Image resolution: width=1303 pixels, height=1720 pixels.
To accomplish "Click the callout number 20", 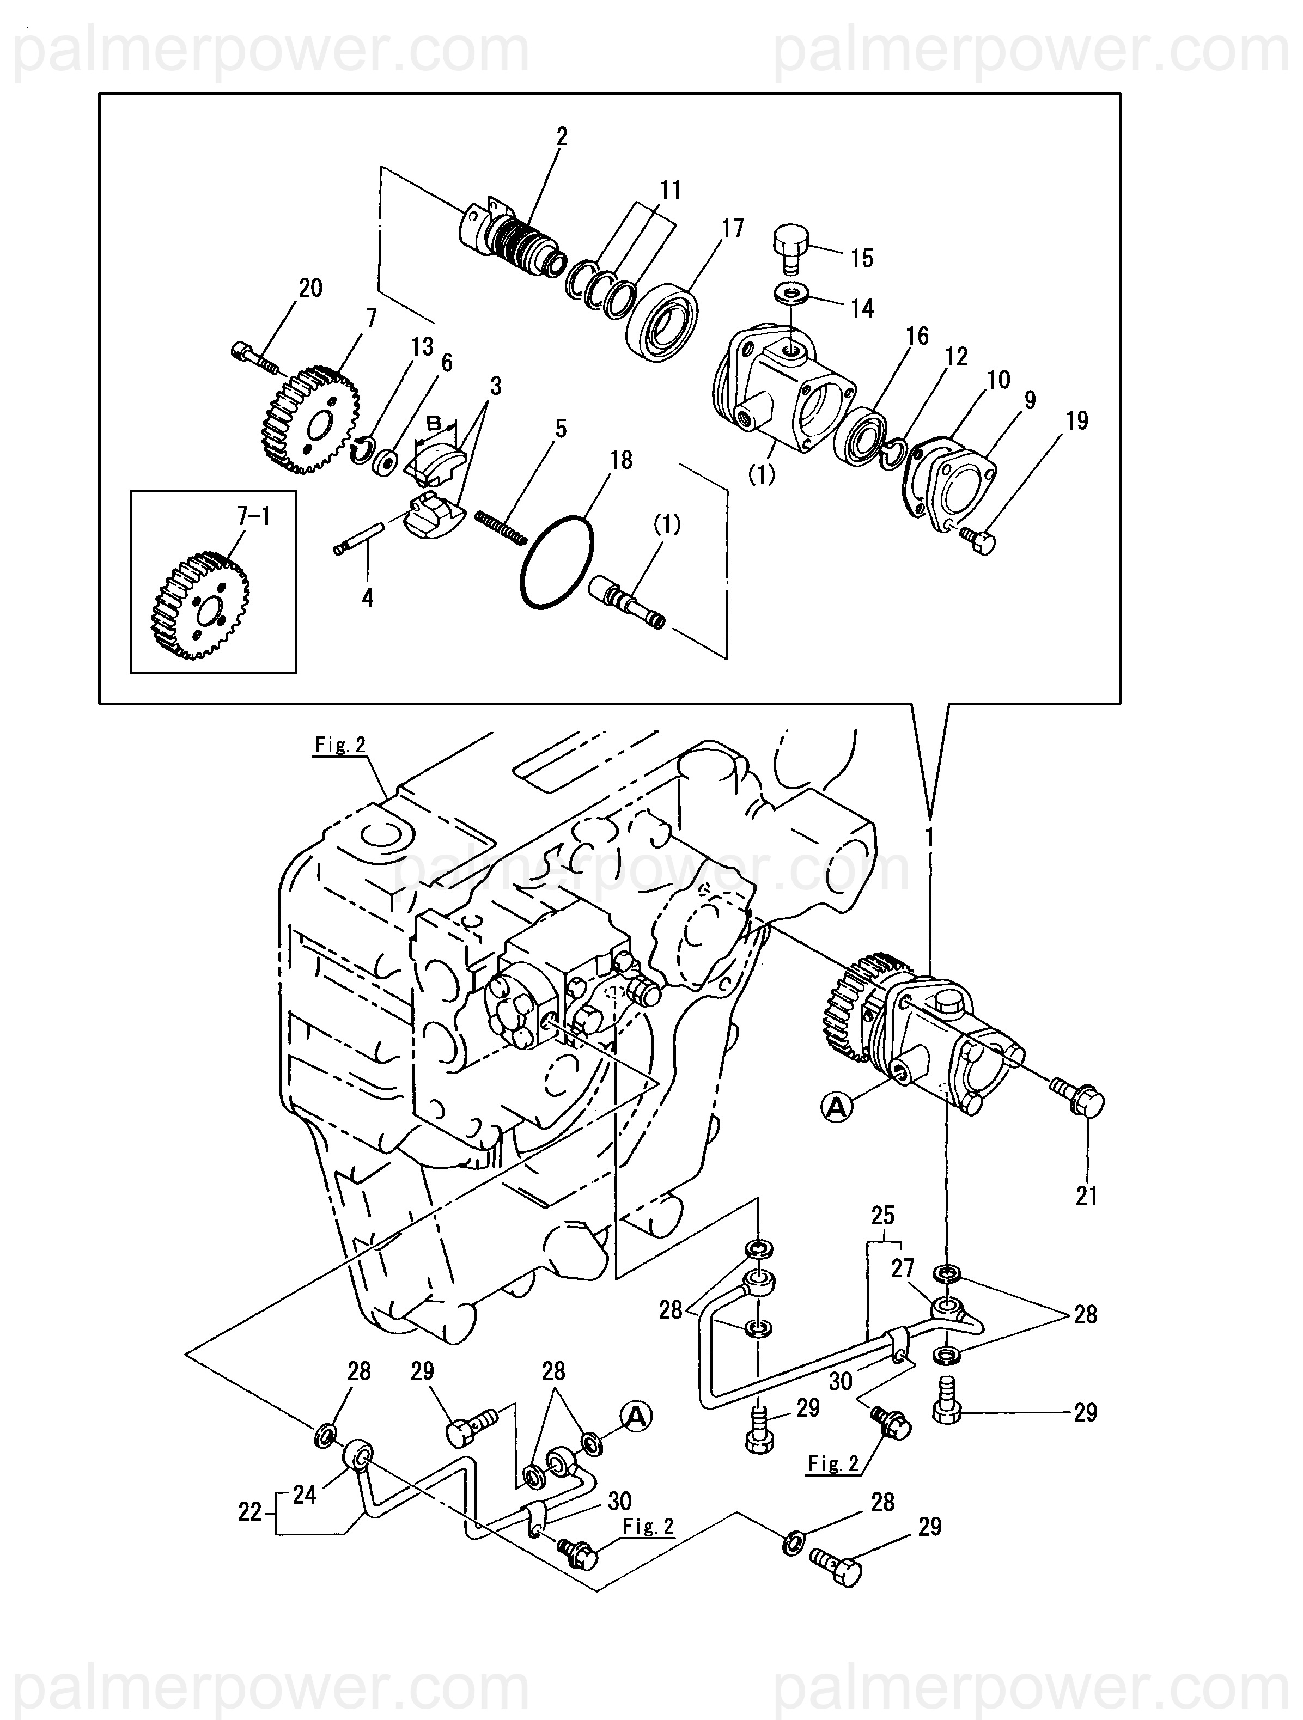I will pos(310,289).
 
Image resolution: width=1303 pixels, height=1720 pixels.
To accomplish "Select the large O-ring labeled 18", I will pos(556,560).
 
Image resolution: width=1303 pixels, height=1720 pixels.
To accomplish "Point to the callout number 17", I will pos(732,229).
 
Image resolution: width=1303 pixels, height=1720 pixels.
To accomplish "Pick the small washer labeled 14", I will pos(791,294).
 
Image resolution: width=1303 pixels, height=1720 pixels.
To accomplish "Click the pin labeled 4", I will pos(358,538).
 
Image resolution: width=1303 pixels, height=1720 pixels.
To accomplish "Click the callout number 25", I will pos(883,1215).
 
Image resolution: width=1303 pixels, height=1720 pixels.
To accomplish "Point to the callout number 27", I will pos(903,1268).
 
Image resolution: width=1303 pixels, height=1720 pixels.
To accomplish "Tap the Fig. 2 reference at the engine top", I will pos(340,745).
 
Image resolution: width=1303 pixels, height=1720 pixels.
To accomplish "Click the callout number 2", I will pos(562,137).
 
